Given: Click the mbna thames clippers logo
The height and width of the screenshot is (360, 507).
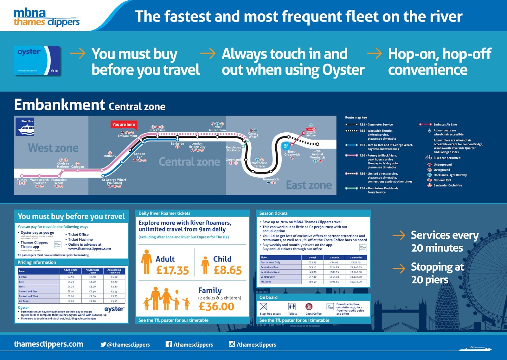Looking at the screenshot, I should click(46, 17).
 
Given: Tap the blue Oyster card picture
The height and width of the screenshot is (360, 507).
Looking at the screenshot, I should click(37, 60).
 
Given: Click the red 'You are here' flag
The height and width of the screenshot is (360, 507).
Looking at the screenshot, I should click(124, 124).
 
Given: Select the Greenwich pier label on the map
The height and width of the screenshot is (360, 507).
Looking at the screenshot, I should click(271, 179).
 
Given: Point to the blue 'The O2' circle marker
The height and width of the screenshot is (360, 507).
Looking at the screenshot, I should click(286, 146).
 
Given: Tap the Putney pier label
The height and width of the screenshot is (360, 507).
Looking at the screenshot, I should click(22, 180).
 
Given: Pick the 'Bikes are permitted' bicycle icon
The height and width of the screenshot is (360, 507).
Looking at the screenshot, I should click(428, 157).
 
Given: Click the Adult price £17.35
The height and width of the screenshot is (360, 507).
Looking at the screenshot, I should click(172, 270).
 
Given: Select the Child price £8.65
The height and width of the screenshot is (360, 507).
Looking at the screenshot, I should click(228, 270).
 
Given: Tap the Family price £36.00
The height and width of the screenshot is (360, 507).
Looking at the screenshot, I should click(216, 306).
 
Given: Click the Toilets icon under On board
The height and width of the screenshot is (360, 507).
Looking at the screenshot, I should click(292, 306).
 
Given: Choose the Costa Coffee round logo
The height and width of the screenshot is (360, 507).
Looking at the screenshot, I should click(309, 306).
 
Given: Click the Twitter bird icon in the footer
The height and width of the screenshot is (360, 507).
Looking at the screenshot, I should click(103, 344).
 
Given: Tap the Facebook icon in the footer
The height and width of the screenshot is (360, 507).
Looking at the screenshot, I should click(169, 344).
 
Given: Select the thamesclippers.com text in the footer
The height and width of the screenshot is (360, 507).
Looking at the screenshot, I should click(48, 344).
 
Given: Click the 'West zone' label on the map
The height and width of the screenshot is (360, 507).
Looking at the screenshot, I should click(53, 148).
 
